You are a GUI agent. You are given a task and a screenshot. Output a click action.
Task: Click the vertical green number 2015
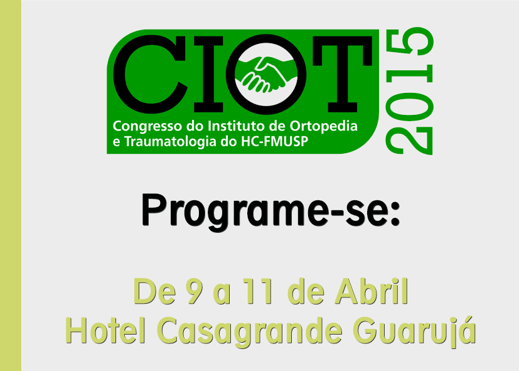tap(409, 91)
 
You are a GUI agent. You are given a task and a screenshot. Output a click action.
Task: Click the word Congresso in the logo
tap(147, 127)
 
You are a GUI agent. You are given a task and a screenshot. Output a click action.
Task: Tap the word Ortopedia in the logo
tap(324, 127)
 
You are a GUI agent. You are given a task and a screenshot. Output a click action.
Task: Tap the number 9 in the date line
tap(193, 291)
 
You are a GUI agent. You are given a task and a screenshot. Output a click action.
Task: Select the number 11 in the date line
tap(258, 291)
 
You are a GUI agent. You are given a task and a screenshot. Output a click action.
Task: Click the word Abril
tap(372, 291)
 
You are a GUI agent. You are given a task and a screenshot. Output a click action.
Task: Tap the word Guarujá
tap(414, 331)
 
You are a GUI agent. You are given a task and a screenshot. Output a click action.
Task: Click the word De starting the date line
tap(154, 291)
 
